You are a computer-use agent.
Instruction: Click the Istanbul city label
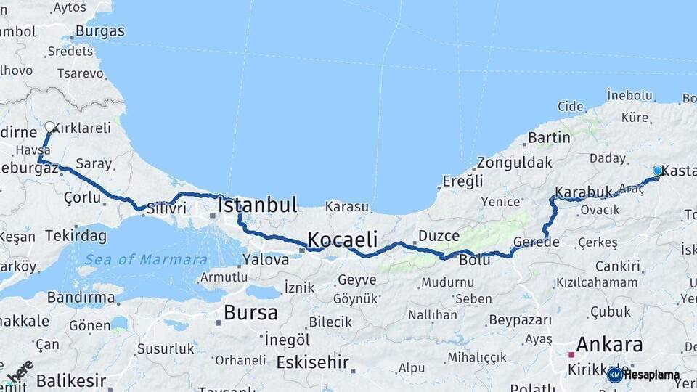[258, 205]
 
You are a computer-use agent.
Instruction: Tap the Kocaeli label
[343, 240]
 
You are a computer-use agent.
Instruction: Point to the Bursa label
[250, 313]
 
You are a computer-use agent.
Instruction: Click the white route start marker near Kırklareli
[50, 127]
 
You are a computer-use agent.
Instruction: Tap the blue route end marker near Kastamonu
[658, 171]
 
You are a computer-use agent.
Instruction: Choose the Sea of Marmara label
[145, 259]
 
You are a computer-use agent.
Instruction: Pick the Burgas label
[100, 31]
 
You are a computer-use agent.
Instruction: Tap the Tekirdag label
[76, 236]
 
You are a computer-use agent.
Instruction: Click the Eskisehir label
[313, 362]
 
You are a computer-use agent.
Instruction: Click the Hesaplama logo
[644, 375]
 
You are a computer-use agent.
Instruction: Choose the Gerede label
[536, 242]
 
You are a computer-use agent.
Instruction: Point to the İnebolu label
[629, 95]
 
